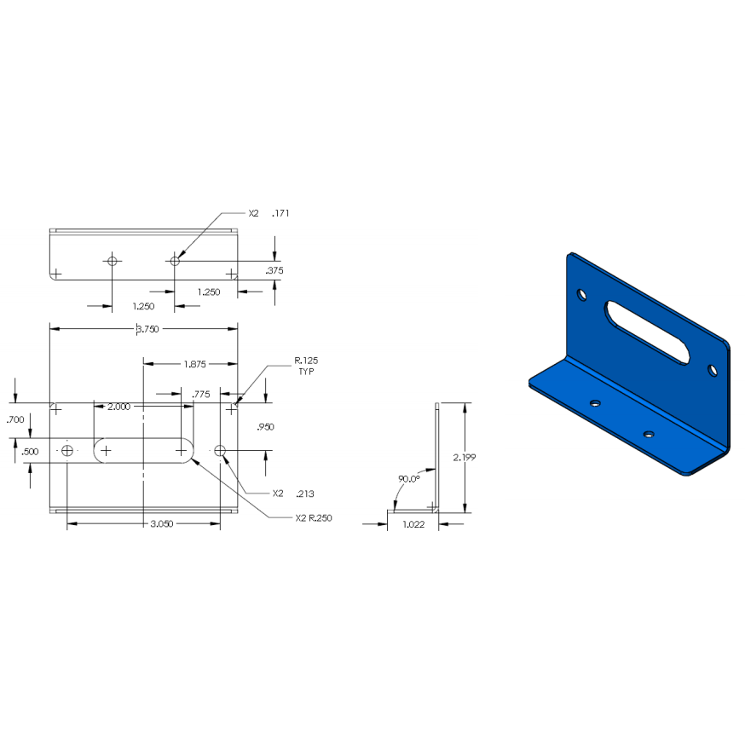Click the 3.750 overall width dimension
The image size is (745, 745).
tap(142, 328)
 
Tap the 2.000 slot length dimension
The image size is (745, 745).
tap(118, 407)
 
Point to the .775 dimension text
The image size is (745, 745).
tap(200, 394)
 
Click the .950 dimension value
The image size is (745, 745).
tap(265, 426)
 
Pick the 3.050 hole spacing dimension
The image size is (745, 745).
tap(162, 524)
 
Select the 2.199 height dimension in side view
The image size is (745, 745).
tap(465, 458)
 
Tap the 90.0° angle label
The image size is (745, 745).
tap(408, 479)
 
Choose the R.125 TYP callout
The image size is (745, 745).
tap(306, 367)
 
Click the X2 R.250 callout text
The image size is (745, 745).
tap(313, 517)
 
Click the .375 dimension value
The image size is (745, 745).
tap(274, 270)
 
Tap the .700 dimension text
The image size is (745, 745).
tap(14, 419)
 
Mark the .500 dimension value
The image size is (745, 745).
tap(30, 451)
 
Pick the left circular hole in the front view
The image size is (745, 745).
tap(67, 449)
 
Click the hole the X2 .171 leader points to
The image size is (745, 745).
tap(175, 261)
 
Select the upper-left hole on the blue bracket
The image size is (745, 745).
tap(582, 295)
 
